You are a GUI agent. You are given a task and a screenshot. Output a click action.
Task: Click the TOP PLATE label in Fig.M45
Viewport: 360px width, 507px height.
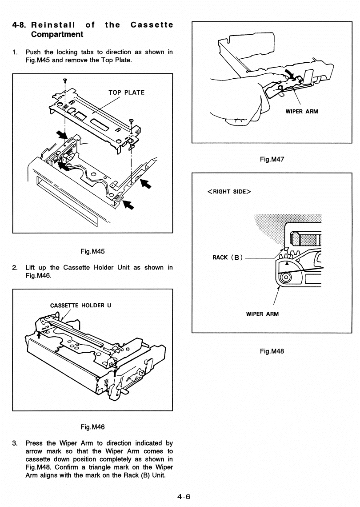coord(126,93)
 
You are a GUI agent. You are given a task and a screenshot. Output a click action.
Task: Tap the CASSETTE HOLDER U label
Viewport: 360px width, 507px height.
coord(80,305)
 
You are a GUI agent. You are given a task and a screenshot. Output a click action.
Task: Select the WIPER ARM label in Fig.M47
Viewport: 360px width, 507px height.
coord(302,112)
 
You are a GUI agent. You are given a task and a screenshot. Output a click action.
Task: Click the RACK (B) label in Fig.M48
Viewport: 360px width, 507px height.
coord(228,258)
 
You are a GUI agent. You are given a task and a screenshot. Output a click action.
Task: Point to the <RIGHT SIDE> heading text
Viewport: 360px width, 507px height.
coord(229,191)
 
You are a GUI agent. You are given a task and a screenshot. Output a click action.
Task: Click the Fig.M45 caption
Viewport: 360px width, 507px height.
coord(92,251)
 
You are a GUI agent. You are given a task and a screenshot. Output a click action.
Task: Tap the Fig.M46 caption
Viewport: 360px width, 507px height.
coord(92,427)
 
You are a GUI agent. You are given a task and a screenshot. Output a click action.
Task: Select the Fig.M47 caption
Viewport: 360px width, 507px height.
coord(272,159)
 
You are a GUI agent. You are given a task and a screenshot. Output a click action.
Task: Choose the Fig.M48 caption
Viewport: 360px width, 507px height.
coord(272,351)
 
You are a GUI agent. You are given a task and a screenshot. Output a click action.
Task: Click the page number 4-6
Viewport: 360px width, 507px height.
coord(184,496)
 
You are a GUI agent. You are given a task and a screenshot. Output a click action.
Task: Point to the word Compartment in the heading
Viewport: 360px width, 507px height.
coord(57,34)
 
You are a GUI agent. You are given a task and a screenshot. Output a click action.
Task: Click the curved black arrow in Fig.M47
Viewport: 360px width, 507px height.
coord(290,74)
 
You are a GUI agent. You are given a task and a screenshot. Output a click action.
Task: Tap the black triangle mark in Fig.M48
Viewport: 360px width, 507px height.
coord(286,263)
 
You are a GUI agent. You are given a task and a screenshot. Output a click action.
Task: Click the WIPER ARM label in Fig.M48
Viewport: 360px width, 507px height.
coord(262,314)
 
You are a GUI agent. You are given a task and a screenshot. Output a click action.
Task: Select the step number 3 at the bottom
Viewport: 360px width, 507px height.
coord(15,443)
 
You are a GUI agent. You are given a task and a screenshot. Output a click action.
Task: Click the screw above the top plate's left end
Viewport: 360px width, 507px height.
coord(65,80)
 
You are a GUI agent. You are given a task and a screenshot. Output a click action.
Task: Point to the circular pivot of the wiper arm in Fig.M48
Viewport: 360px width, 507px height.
coord(285,277)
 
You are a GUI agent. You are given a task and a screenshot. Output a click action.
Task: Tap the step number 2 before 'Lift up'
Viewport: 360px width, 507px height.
coord(15,267)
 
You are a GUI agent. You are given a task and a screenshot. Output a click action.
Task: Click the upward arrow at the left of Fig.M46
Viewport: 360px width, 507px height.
coord(39,335)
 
